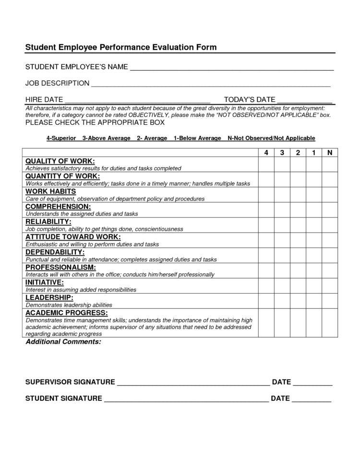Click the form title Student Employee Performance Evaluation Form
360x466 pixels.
[121, 48]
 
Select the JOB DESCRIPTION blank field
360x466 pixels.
[211, 84]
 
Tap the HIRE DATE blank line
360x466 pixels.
[137, 100]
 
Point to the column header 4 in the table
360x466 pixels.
[266, 153]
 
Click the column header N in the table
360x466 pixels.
[329, 153]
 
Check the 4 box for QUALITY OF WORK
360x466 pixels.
[266, 164]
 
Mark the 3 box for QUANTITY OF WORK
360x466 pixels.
[282, 180]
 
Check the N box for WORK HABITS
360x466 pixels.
[329, 195]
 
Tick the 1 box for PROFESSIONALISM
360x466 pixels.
[313, 270]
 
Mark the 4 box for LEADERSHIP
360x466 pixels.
[266, 301]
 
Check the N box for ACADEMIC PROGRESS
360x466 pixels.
[329, 323]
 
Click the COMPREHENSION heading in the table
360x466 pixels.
[58, 206]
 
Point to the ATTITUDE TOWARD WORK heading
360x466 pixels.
[73, 237]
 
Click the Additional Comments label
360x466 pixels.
[63, 342]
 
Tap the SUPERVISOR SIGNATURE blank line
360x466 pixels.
[193, 382]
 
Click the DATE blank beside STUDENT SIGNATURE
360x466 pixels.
[311, 399]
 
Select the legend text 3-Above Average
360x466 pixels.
[106, 138]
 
